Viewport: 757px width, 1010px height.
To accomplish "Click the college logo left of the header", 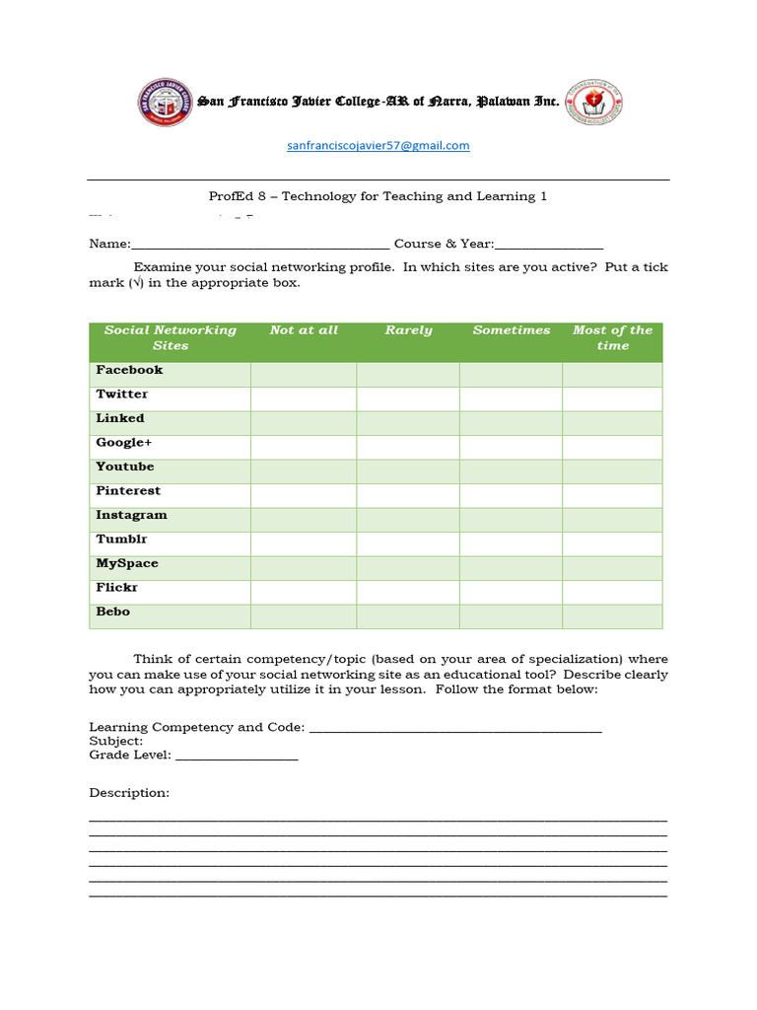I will [165, 102].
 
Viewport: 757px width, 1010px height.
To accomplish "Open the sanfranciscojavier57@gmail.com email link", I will [378, 146].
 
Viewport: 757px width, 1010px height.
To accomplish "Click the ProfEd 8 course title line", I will [378, 196].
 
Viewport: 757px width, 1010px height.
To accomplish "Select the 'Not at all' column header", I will [304, 331].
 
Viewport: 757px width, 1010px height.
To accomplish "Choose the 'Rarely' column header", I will [408, 331].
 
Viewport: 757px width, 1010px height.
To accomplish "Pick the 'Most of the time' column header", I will [612, 338].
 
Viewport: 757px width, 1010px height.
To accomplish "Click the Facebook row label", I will [129, 370].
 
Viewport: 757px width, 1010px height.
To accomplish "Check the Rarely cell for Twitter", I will [407, 398].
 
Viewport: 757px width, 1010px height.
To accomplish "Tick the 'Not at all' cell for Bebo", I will [304, 616].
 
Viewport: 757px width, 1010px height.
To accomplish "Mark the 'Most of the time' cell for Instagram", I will [612, 520].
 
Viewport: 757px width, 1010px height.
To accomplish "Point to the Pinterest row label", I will [128, 491].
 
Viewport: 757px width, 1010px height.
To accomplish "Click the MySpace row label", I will [127, 564].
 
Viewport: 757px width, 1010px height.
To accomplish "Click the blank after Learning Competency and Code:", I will [455, 728].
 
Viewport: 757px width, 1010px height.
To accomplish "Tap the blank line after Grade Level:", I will [237, 756].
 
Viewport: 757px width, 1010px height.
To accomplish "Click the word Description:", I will [129, 793].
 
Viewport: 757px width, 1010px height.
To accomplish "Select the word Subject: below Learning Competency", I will [116, 742].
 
